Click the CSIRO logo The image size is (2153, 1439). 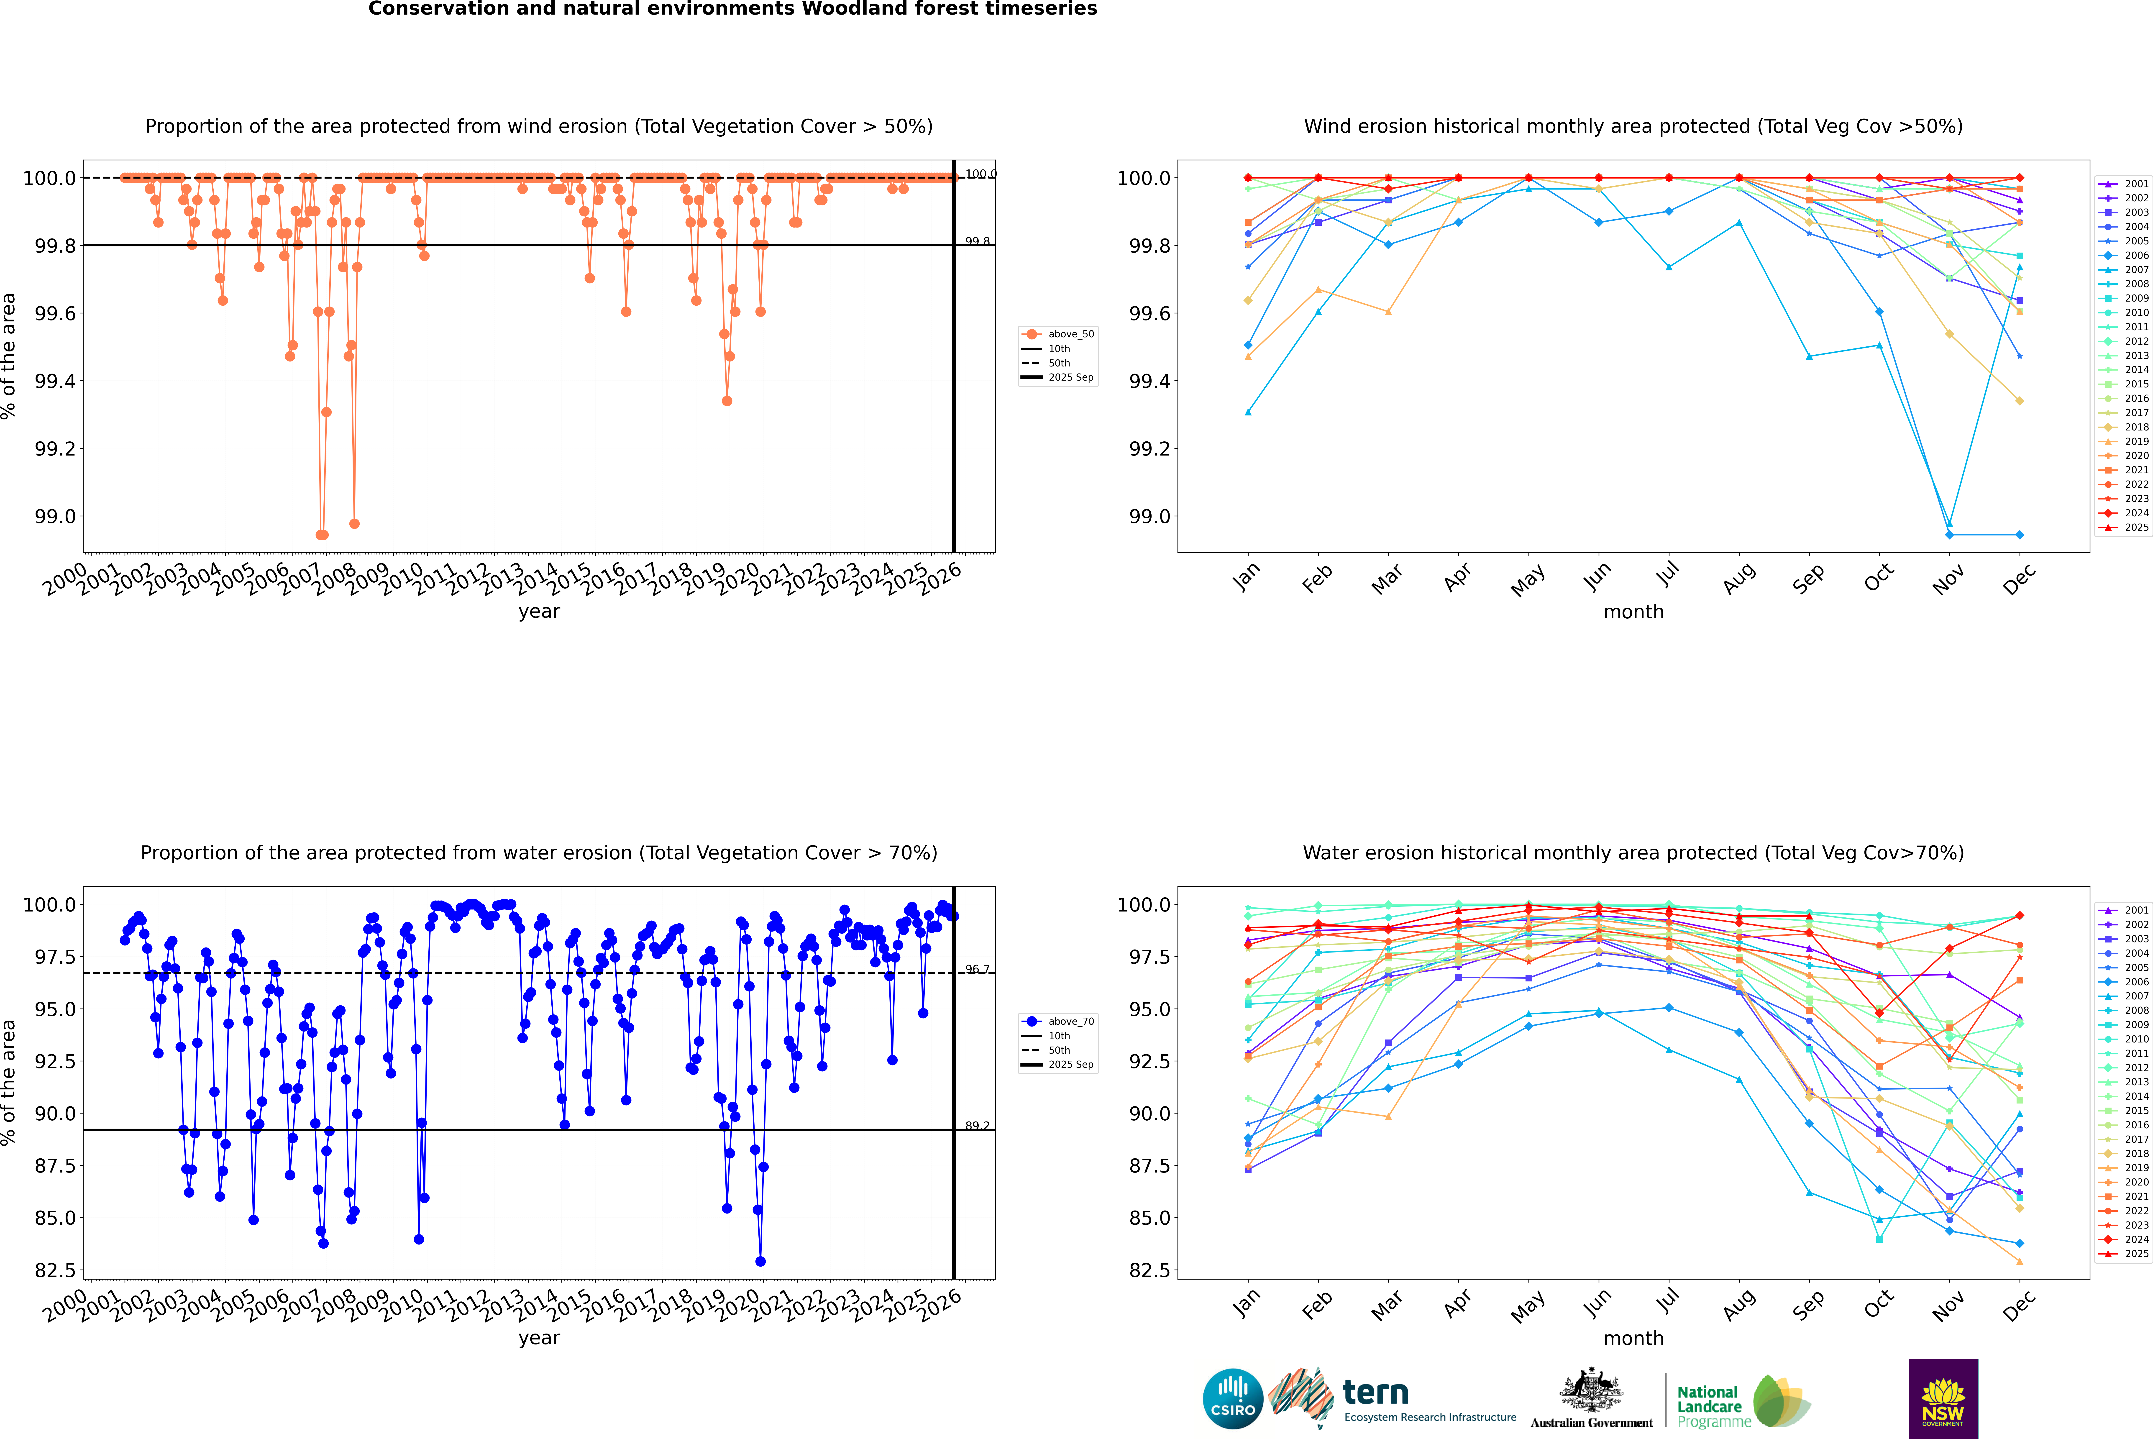(1233, 1399)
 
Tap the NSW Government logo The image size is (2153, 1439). (1943, 1399)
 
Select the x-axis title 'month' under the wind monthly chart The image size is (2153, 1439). (1633, 612)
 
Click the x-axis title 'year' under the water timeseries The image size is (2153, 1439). (539, 1338)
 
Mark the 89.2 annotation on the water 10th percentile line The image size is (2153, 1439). (977, 1126)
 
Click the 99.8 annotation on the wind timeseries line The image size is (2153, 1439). (977, 241)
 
